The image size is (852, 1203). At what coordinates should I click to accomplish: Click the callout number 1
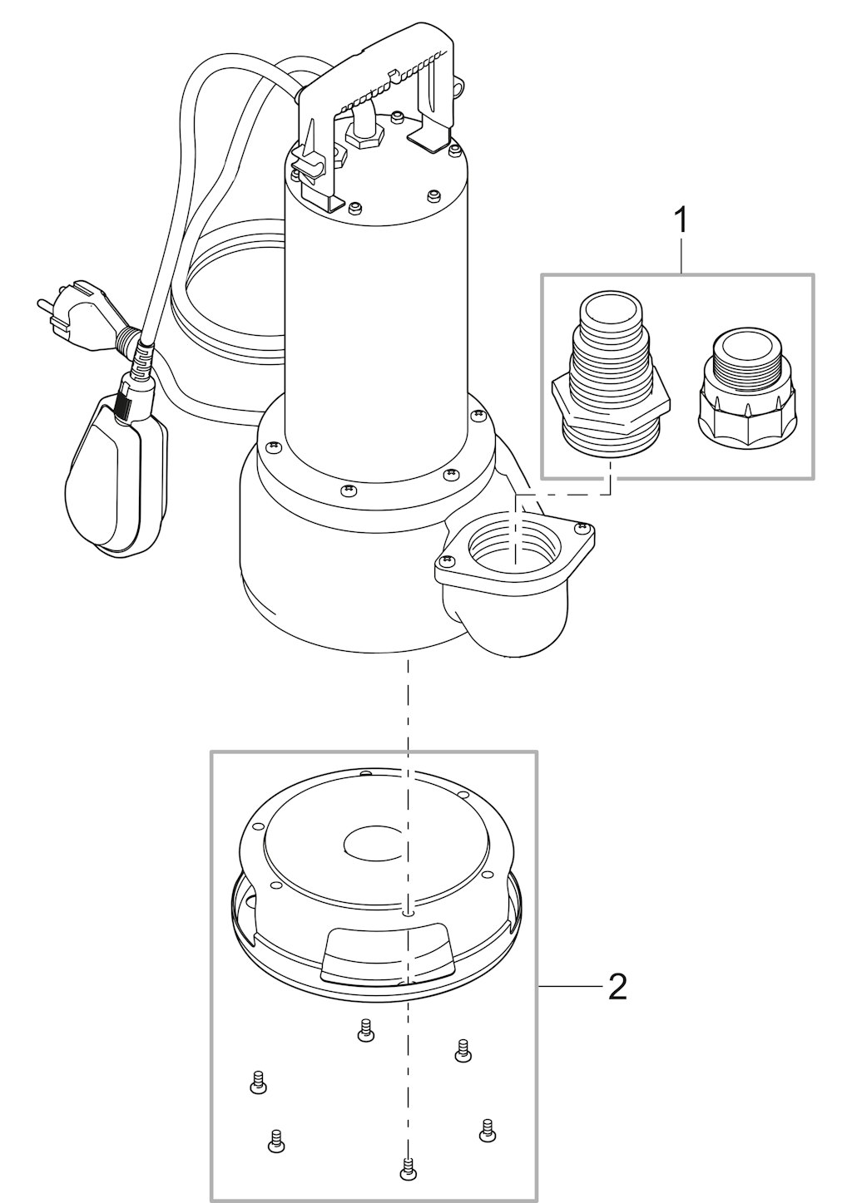[681, 220]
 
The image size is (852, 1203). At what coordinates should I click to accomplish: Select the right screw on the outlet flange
[580, 529]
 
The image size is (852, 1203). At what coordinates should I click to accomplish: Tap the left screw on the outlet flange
[444, 560]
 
